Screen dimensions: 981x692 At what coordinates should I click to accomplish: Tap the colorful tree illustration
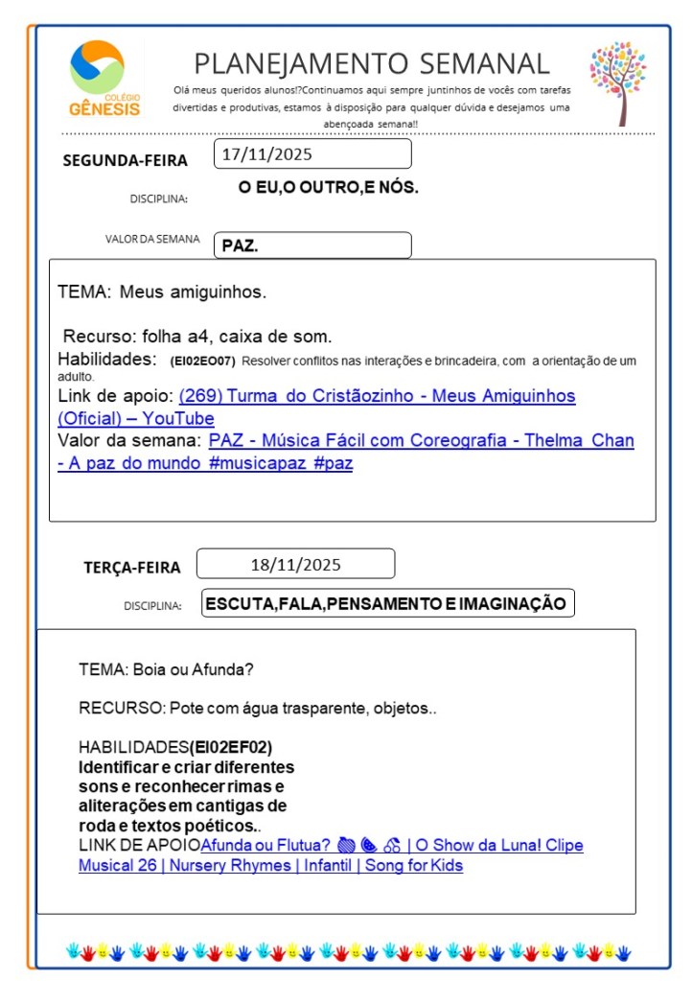point(618,82)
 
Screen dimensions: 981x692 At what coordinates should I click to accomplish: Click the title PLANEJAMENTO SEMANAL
point(372,64)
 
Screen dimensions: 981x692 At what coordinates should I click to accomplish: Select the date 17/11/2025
point(267,153)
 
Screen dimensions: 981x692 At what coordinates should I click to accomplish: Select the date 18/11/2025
point(295,564)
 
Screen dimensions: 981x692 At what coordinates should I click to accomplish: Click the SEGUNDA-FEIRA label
point(125,160)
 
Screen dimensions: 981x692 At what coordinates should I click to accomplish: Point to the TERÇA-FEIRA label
point(131,568)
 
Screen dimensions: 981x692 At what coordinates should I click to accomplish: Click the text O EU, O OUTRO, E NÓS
point(329,188)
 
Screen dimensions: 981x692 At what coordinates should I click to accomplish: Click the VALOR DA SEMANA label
point(152,240)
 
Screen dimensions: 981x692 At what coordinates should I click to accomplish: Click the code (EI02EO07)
point(202,362)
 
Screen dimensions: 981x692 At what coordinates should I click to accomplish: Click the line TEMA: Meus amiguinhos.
point(162,292)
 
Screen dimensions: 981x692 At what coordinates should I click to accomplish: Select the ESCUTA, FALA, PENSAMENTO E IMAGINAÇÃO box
point(387,603)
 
